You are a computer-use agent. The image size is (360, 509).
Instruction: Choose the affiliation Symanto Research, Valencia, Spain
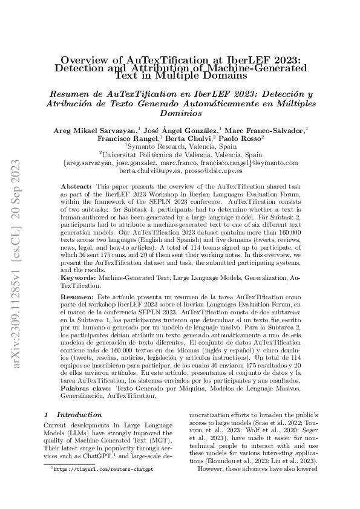tap(180, 147)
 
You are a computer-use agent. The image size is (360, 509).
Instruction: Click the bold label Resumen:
tap(77, 299)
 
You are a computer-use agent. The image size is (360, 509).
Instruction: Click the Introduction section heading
tap(79, 415)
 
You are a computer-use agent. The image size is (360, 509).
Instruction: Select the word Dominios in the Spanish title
tap(180, 112)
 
